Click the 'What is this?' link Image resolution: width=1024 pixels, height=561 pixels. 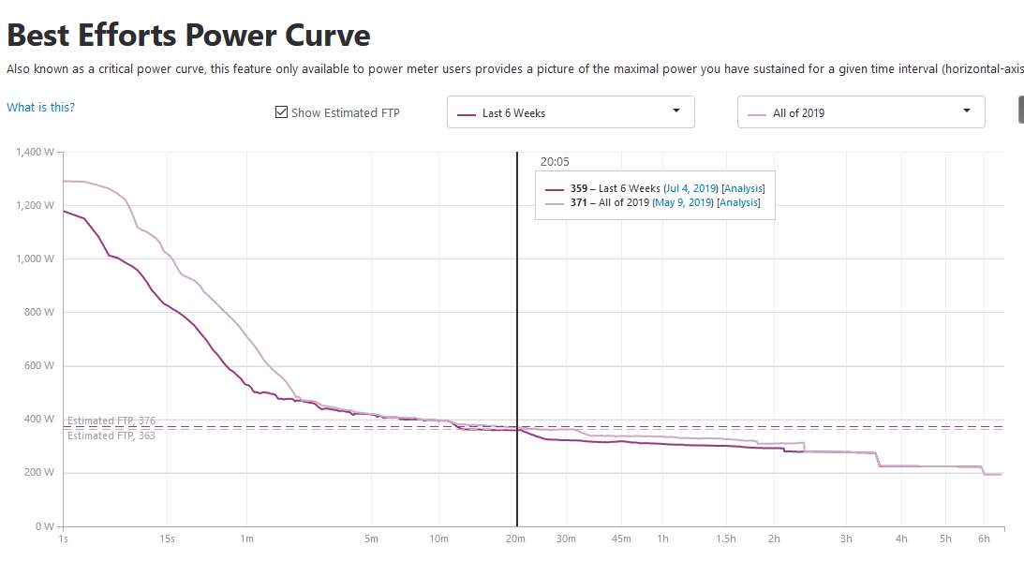[x=40, y=107]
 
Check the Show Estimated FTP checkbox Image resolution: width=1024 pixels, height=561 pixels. [x=281, y=112]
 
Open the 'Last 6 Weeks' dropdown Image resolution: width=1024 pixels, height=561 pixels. [x=571, y=112]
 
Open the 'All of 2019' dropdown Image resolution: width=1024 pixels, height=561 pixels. [x=861, y=112]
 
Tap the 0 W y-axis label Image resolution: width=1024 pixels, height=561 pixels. [x=45, y=526]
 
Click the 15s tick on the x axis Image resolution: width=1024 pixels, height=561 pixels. [x=168, y=539]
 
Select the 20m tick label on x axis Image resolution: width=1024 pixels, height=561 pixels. [x=515, y=539]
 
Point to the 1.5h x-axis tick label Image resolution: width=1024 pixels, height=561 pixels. [x=725, y=539]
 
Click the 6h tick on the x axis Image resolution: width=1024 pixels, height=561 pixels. [x=984, y=539]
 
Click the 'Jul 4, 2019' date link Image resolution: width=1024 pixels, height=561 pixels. [x=690, y=189]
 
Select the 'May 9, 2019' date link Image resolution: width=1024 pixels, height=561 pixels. [x=683, y=203]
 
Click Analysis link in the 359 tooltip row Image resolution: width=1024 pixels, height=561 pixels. [x=743, y=189]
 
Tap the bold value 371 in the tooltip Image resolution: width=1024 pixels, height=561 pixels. [x=578, y=203]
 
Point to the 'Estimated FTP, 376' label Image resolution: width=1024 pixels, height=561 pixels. [x=111, y=421]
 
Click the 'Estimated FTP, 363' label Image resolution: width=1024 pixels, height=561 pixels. [x=111, y=436]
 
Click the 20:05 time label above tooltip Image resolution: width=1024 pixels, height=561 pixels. [x=555, y=162]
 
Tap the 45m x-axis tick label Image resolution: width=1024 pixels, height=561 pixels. [x=621, y=539]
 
